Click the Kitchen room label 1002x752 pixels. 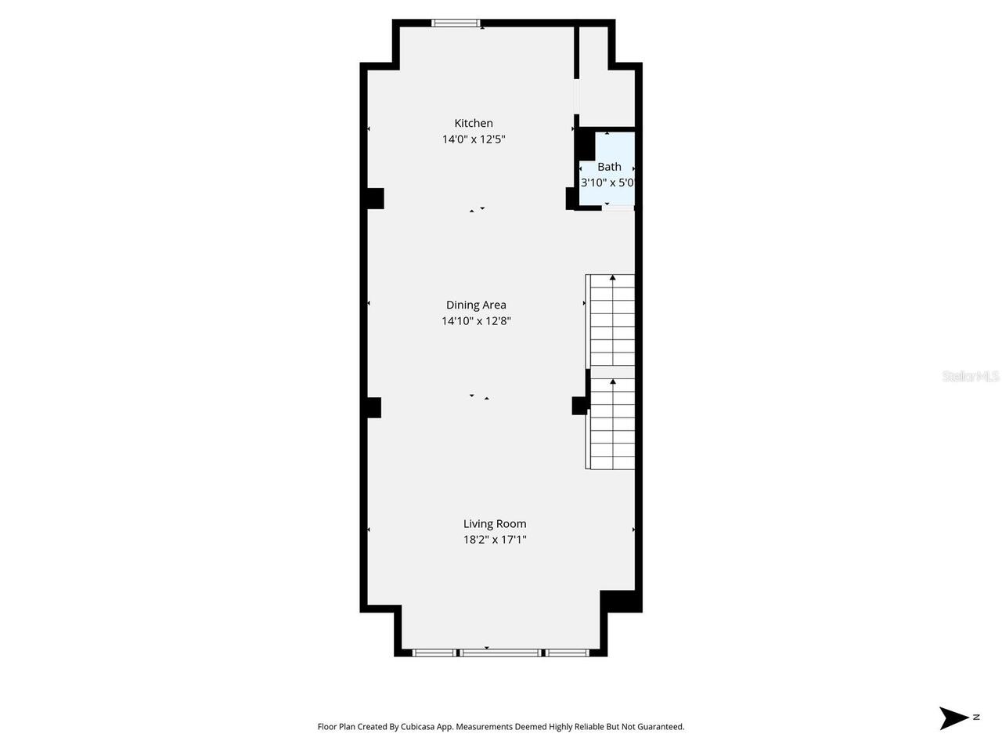474,123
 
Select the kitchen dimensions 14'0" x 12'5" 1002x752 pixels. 474,139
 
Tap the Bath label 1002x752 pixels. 609,167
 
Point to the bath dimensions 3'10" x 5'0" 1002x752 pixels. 607,183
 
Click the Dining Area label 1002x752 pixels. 476,305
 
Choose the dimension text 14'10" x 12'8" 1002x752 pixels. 476,320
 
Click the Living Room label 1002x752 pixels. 495,524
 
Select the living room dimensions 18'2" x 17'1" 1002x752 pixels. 495,540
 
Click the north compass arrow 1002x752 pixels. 954,718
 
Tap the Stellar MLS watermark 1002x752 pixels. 970,377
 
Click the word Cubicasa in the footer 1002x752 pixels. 419,727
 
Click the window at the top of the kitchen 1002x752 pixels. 456,23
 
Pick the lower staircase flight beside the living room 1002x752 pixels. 611,424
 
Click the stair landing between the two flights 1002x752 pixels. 611,372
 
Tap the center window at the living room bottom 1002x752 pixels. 500,652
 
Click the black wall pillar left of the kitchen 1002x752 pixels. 375,198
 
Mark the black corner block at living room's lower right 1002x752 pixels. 620,601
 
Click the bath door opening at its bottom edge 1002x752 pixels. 618,208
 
